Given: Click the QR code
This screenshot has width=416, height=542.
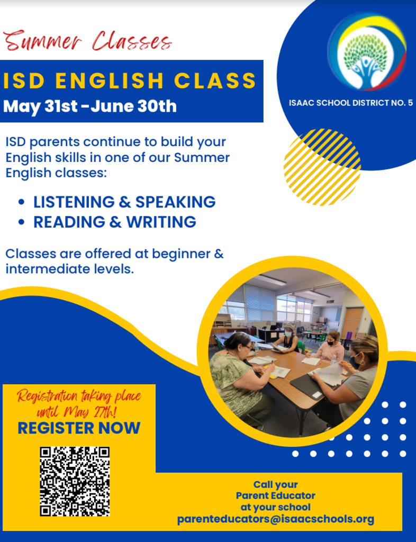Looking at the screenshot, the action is pos(75,481).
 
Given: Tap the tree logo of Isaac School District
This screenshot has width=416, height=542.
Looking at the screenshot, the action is pos(367,52).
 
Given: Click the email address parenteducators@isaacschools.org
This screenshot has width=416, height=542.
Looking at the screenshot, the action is pos(275,519).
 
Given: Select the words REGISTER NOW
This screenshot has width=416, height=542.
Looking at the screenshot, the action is pos(79,428).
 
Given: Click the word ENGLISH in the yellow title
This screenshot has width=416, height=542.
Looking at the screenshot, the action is pos(110,80).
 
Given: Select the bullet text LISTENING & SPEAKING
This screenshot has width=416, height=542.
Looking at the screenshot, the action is pos(124,202).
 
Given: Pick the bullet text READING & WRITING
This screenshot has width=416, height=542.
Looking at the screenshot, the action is pos(115,222).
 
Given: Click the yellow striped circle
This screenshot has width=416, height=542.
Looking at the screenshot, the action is pos(322,167).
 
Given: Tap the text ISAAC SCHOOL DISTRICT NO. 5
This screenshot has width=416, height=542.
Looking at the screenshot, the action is pos(351,103).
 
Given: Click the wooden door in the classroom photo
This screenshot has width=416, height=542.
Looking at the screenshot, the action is pos(352,323).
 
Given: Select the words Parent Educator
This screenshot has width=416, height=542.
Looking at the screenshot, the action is pos(275,495).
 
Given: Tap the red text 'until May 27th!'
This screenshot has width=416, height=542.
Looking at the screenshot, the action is pos(76,412).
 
